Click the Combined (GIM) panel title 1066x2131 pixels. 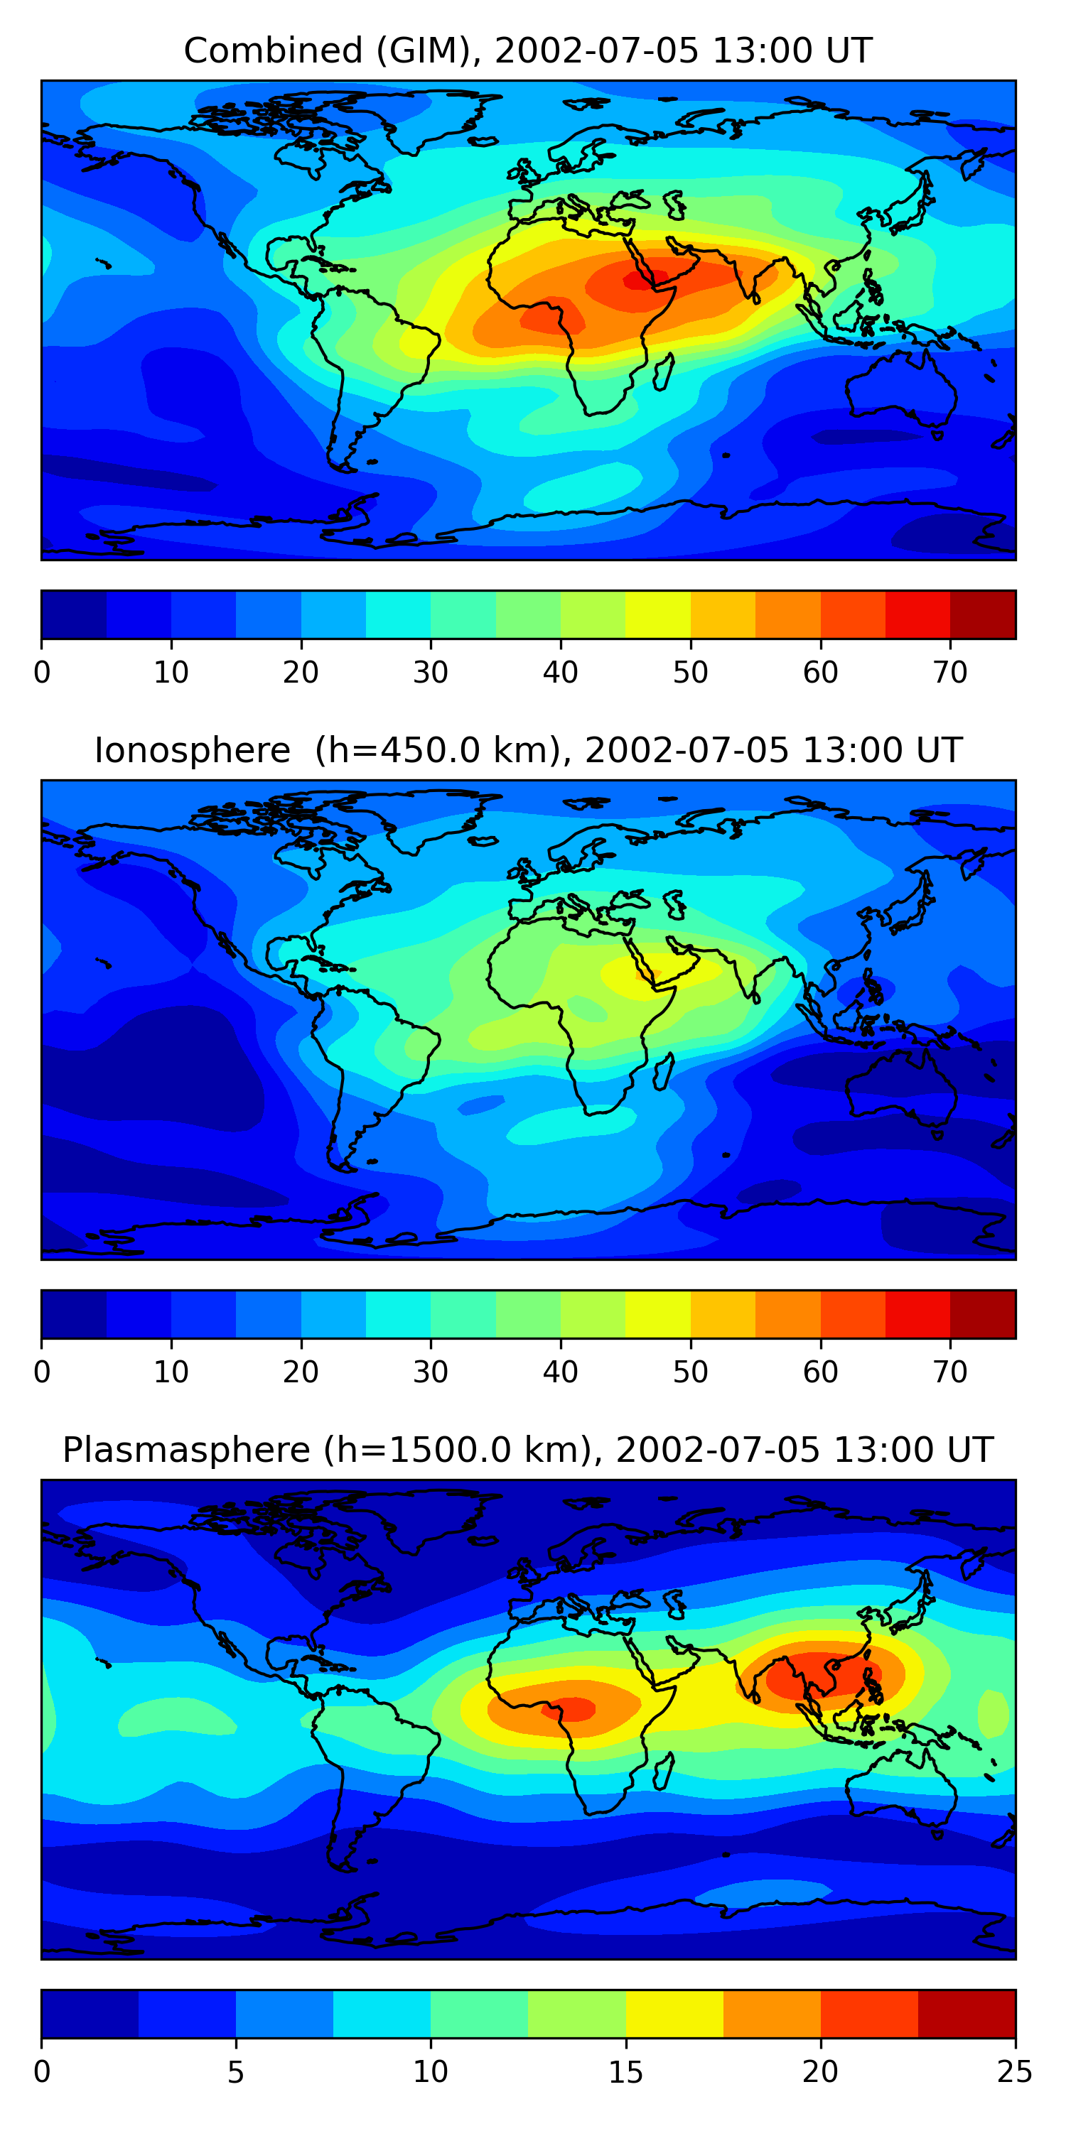pos(527,51)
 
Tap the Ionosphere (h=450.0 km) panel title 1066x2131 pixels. pos(527,750)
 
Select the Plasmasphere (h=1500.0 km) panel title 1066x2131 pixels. pos(527,1451)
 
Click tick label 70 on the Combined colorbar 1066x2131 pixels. pos(950,673)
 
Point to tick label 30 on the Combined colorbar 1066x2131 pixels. pos(431,673)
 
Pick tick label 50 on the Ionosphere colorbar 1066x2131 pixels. pos(690,1372)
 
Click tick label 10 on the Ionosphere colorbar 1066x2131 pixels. pos(171,1372)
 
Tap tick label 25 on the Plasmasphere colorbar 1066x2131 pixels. pos(1014,2071)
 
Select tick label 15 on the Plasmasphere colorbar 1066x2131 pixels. pos(625,2071)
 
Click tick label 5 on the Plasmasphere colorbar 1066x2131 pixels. pos(236,2071)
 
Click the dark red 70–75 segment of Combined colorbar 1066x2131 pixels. pos(982,614)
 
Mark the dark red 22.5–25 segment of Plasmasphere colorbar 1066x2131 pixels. pos(966,2014)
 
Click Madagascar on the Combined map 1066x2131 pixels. pos(664,372)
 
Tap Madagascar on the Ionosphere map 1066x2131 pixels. pos(664,1071)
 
